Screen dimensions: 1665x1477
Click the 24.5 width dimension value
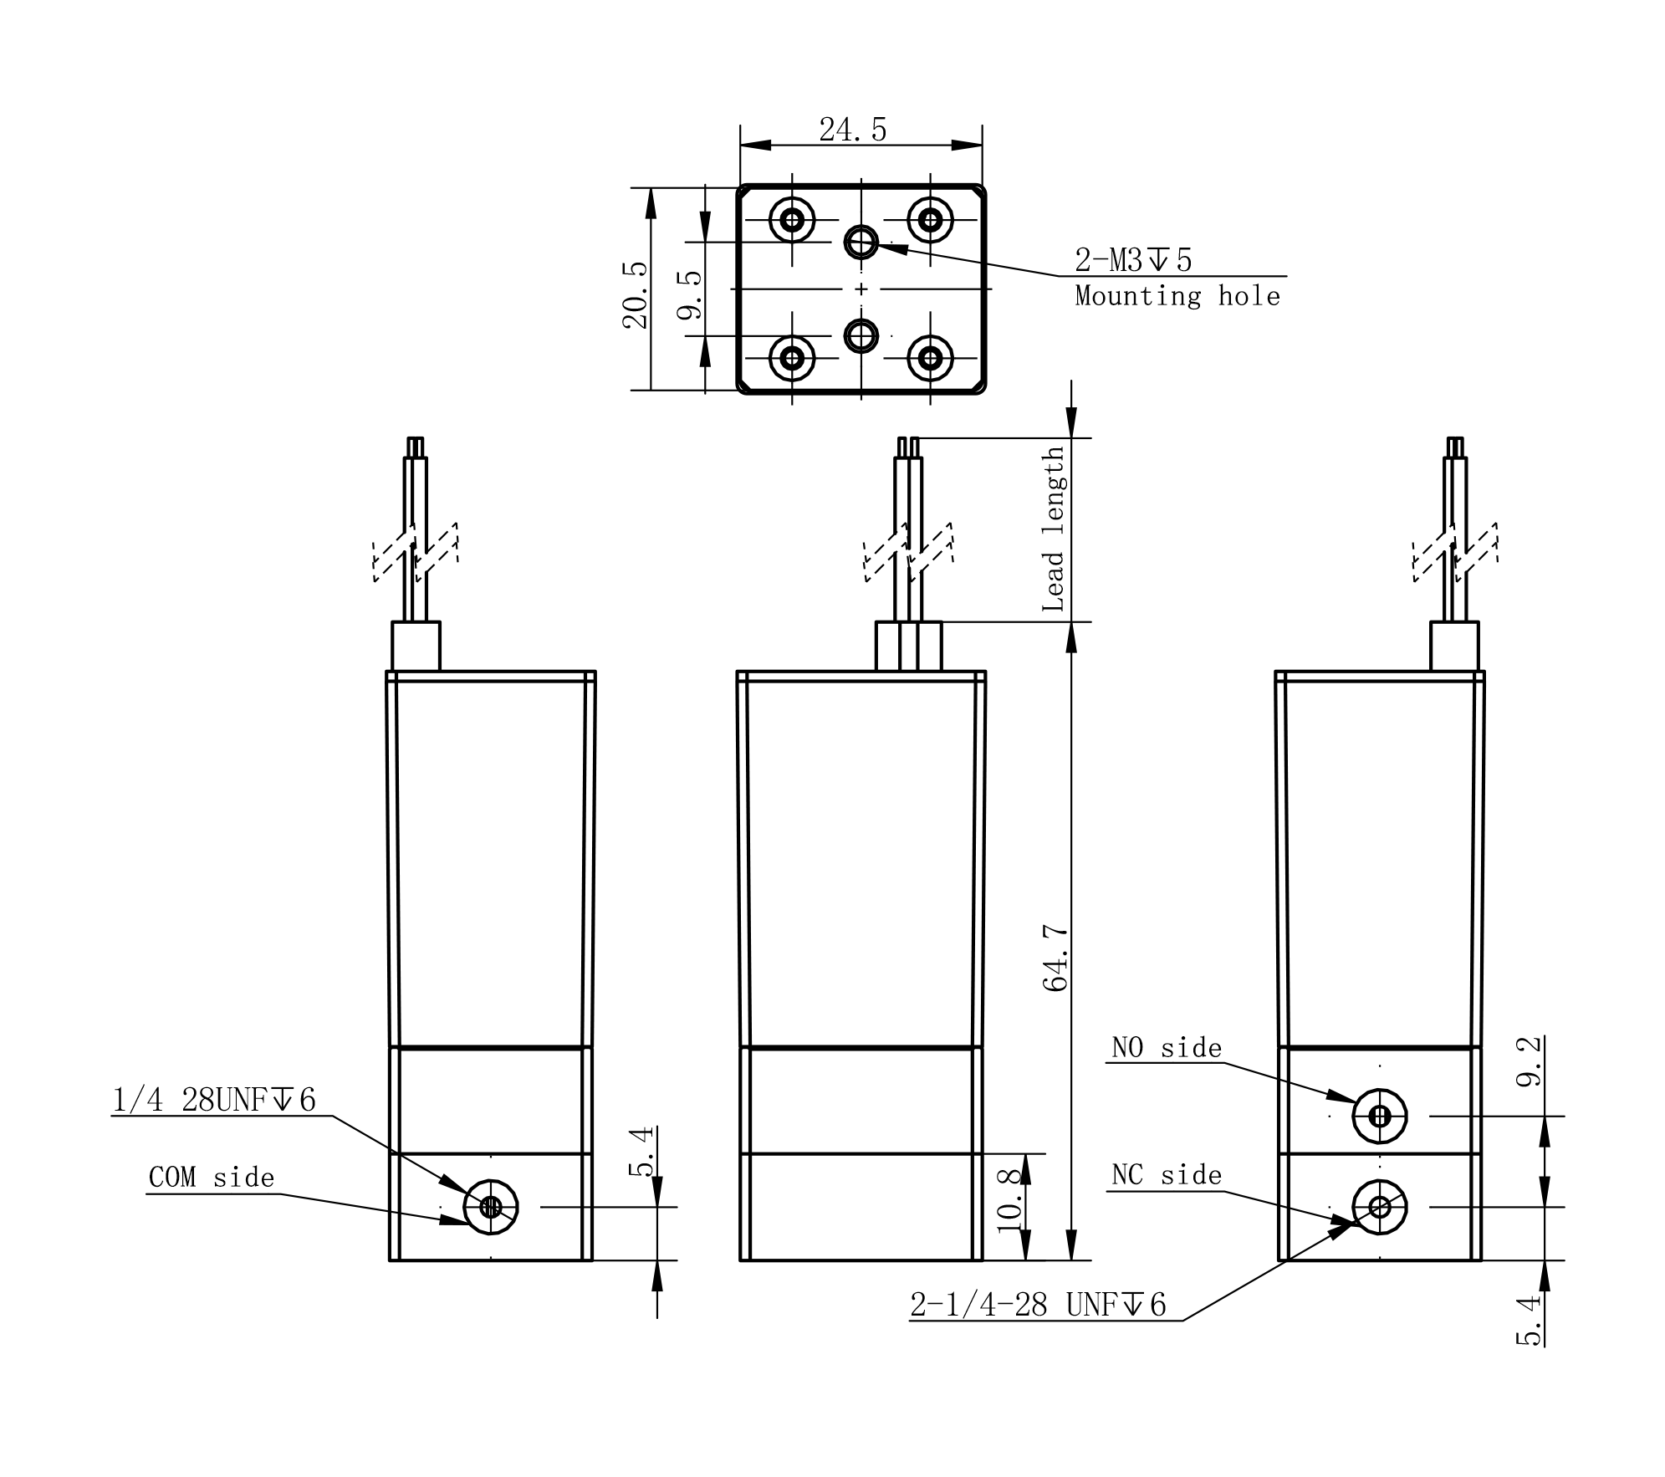[852, 130]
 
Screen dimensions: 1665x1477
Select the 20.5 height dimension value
[636, 295]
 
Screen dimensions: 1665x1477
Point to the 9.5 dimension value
[690, 295]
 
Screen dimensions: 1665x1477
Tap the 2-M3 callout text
[1133, 261]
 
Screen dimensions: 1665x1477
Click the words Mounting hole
[1177, 296]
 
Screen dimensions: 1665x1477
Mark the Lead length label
[1054, 529]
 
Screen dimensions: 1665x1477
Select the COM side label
[212, 1178]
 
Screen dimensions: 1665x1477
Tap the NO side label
[1167, 1048]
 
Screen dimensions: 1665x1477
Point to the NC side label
[1167, 1175]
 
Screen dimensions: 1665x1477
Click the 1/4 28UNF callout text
[215, 1101]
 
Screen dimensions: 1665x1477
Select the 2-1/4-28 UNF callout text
[1038, 1305]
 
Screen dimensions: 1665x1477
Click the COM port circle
[491, 1207]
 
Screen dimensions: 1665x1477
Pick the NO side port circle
[1380, 1116]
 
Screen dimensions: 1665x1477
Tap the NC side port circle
[1380, 1207]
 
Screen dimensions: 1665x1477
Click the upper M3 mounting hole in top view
[861, 243]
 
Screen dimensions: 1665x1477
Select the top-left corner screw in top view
[792, 220]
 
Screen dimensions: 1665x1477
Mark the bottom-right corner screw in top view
[930, 359]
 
